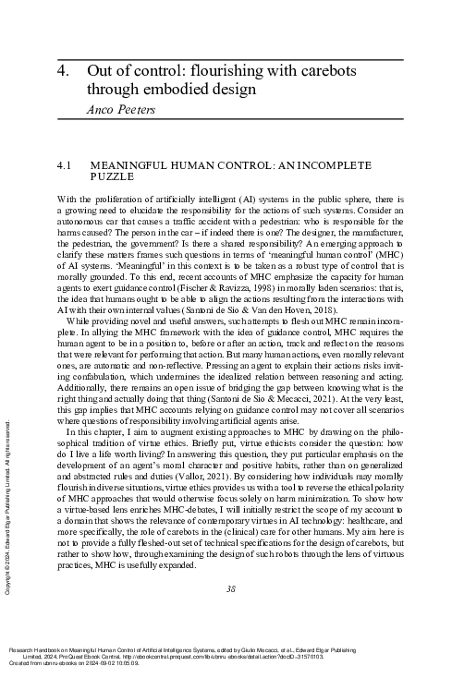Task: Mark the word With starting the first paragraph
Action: pos(67,200)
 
